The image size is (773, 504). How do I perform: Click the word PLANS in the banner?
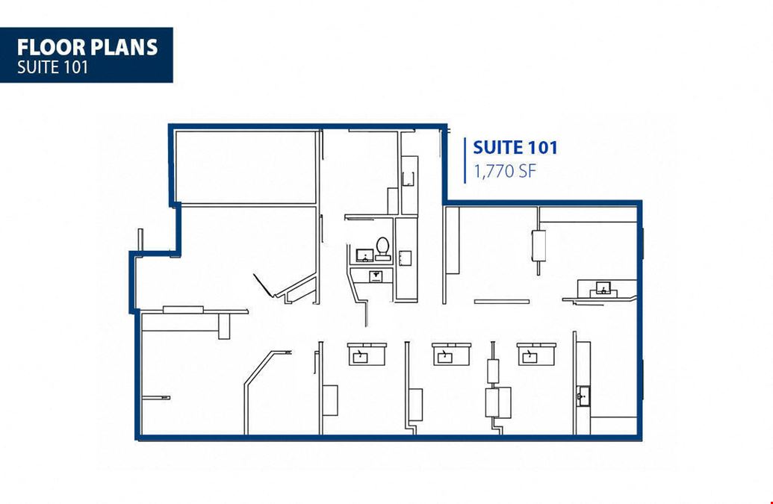[x=123, y=47]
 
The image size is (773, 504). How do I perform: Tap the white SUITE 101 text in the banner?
[x=53, y=67]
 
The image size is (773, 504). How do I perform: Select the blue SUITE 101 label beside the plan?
[x=515, y=147]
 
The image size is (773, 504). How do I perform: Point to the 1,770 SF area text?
[x=504, y=171]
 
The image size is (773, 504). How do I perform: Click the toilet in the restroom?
[x=382, y=249]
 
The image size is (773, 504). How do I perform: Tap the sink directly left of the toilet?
[x=364, y=255]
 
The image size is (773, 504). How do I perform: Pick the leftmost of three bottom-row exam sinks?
[x=361, y=356]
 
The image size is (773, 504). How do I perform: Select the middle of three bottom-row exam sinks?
[x=446, y=356]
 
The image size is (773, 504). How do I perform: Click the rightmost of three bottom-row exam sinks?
[x=530, y=356]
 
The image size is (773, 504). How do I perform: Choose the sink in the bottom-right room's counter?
[x=583, y=396]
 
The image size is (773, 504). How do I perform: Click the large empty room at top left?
[x=245, y=167]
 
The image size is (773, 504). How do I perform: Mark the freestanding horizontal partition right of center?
[x=502, y=302]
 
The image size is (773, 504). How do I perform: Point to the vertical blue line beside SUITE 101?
[x=465, y=161]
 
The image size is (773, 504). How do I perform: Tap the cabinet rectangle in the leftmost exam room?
[x=330, y=400]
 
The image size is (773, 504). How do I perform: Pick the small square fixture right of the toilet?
[x=405, y=258]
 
